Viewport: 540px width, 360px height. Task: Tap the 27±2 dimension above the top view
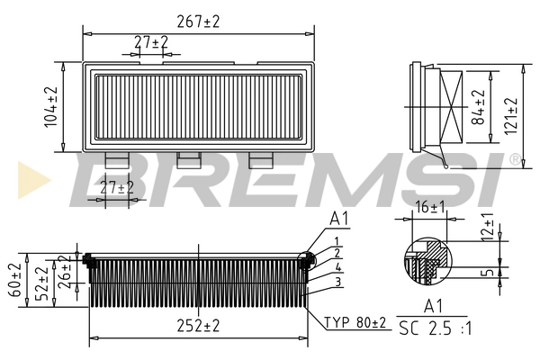[150, 42]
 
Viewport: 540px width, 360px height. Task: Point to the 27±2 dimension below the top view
[116, 187]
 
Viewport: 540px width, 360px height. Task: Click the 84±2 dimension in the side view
[479, 106]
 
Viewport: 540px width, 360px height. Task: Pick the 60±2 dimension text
[13, 280]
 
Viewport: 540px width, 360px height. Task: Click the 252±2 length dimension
[198, 326]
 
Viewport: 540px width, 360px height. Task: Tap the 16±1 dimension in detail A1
[428, 208]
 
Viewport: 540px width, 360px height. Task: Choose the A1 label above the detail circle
[338, 219]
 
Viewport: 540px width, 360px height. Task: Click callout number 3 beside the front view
[337, 283]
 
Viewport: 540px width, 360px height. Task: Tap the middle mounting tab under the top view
[189, 159]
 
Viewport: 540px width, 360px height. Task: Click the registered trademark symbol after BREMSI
[514, 159]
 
